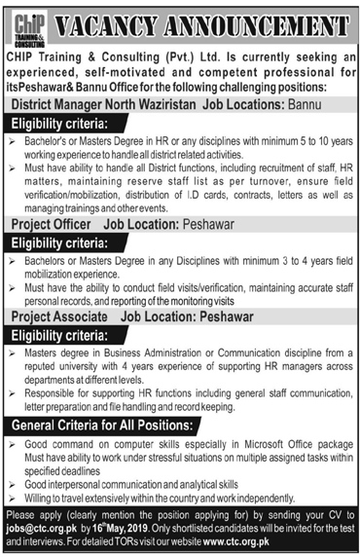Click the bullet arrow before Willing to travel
point(13,497)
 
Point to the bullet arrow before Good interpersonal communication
point(13,484)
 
